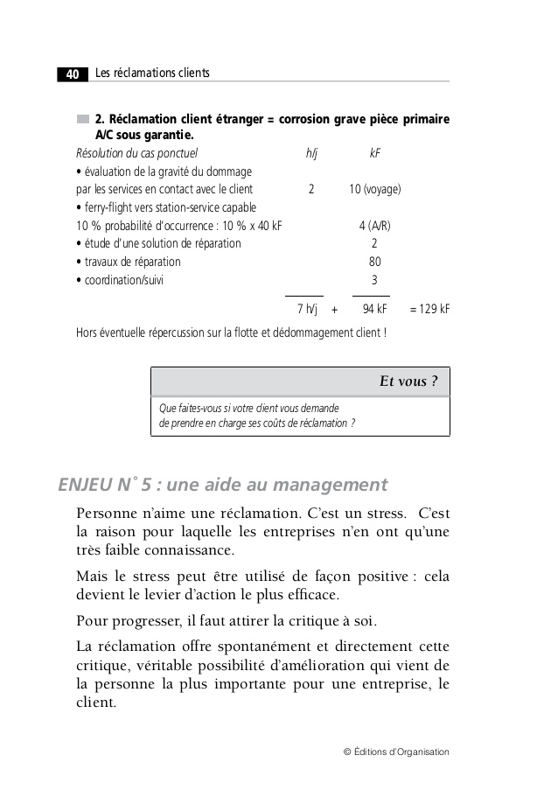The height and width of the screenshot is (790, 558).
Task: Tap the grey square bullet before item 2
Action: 82,119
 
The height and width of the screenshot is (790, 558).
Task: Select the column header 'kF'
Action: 374,154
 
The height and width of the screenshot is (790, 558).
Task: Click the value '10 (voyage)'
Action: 375,189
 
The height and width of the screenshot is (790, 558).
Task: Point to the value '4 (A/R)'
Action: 375,225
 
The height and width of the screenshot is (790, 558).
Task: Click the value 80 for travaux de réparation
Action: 374,262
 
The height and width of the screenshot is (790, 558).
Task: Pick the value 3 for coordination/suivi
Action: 374,280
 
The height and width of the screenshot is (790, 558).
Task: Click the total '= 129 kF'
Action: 429,309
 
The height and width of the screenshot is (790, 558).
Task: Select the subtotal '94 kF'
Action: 374,309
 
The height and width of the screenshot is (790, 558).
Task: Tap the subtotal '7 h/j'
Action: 306,309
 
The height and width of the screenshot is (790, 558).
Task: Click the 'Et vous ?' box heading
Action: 408,381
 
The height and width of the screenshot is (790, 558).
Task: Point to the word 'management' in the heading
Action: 331,485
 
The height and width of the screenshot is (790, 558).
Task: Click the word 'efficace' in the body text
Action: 310,596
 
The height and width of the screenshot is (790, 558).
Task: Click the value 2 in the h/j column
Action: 311,189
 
